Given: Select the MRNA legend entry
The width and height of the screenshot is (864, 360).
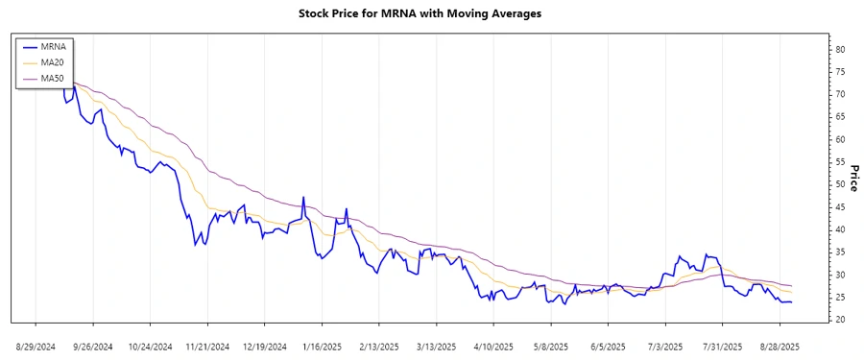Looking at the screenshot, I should [52, 46].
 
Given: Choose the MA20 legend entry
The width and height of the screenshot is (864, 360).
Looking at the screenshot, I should [52, 61].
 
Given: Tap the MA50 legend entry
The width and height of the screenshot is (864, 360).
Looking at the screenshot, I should [52, 77].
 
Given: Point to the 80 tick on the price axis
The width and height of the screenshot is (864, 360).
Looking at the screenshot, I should [839, 49].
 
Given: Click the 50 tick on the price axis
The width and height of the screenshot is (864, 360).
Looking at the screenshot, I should [839, 184].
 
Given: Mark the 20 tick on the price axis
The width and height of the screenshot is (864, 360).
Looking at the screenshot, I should [839, 320].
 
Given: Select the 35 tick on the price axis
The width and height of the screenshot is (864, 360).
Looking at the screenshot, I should [839, 252].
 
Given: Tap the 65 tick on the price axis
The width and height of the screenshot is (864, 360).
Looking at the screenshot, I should [839, 117].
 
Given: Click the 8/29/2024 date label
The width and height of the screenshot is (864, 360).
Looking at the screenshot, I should [36, 346].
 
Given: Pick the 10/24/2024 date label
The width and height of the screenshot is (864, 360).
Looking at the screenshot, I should [150, 346].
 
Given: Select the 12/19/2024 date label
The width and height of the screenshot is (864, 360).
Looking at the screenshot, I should [264, 346].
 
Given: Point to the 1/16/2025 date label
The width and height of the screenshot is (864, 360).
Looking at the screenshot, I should [322, 346].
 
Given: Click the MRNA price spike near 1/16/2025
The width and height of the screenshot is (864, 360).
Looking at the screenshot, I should [303, 198].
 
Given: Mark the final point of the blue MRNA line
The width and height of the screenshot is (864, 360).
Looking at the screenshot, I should [791, 301].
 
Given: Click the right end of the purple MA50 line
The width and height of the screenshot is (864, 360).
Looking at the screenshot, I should [791, 285].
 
